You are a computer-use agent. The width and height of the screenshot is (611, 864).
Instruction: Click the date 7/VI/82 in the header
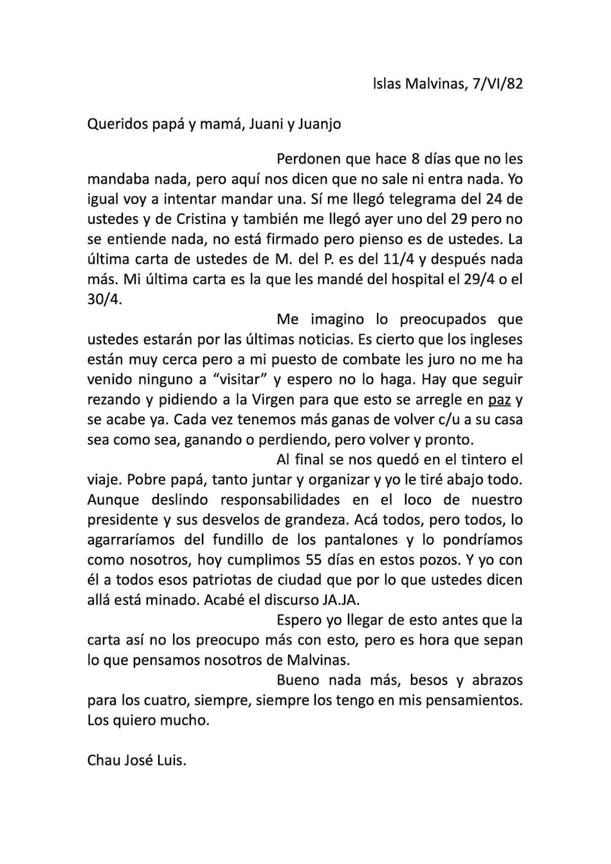click(x=498, y=84)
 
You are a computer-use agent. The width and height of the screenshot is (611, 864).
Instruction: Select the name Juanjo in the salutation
click(x=320, y=124)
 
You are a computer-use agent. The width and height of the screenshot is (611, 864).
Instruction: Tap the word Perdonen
click(x=308, y=159)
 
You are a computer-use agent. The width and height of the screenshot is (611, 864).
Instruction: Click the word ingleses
click(x=494, y=339)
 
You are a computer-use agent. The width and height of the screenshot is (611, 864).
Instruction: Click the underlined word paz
click(x=499, y=400)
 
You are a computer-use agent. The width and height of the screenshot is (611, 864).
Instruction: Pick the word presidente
click(x=123, y=520)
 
